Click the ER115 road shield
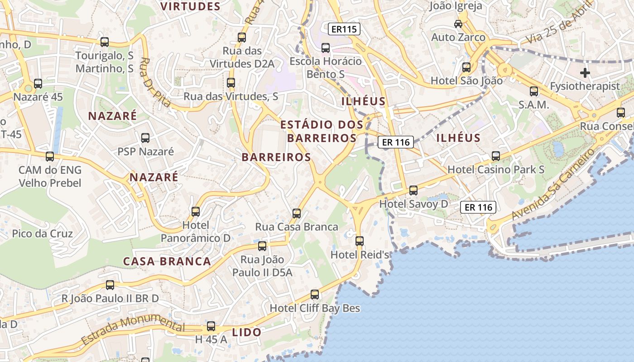tap(344, 29)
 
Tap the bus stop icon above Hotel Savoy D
tap(413, 191)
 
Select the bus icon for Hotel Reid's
tap(360, 241)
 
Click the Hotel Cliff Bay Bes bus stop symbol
tap(315, 295)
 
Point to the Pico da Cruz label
tap(42, 234)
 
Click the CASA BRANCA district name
tap(167, 262)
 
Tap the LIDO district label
tap(247, 332)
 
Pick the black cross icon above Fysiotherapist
tap(585, 72)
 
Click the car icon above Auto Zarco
tap(458, 24)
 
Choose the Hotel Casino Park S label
tap(496, 170)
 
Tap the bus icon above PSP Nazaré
tap(145, 138)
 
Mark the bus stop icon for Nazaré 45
tap(38, 84)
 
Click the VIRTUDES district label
tap(190, 6)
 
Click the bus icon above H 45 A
tap(211, 326)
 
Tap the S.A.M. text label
tap(534, 105)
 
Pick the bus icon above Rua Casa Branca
tap(297, 213)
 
